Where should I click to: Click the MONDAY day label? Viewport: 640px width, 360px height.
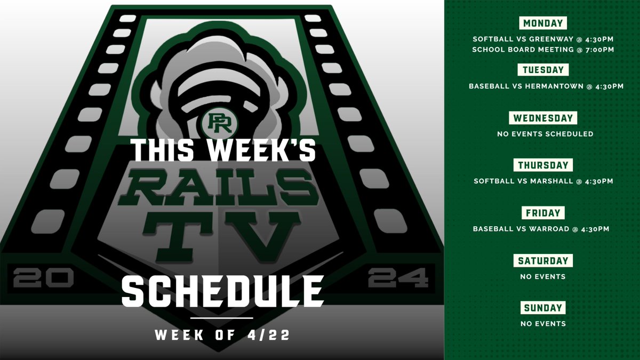(543, 23)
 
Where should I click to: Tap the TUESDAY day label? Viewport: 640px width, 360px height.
(543, 70)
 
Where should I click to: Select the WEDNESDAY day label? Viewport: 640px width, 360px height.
(543, 118)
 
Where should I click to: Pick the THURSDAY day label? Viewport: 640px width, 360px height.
(543, 165)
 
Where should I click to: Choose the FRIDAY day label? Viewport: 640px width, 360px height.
(543, 213)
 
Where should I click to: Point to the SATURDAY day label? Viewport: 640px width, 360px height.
(543, 261)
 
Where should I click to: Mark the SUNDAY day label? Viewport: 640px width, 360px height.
(543, 308)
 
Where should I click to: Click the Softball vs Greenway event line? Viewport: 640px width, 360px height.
(543, 39)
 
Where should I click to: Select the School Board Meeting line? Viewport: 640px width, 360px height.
(543, 50)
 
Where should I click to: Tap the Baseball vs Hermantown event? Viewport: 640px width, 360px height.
(543, 86)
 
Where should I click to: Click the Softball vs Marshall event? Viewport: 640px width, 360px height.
(543, 181)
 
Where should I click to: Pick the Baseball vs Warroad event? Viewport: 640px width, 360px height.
(543, 229)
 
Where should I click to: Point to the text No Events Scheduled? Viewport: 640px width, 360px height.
(545, 134)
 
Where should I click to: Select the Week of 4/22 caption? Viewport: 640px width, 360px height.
(222, 335)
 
